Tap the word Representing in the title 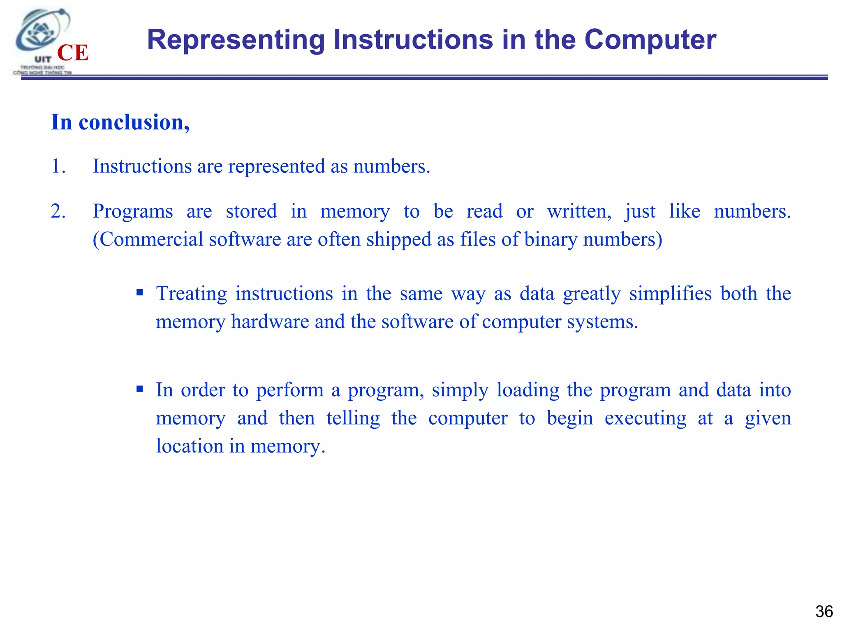click(x=236, y=40)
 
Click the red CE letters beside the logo click(x=73, y=53)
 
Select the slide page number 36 click(x=824, y=611)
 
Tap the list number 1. click(x=58, y=166)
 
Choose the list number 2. click(x=58, y=211)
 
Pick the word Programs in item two click(x=132, y=211)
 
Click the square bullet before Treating click(x=140, y=293)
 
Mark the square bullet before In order click(x=140, y=389)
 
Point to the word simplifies click(x=670, y=294)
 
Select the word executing click(x=645, y=418)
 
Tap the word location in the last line click(x=190, y=446)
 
